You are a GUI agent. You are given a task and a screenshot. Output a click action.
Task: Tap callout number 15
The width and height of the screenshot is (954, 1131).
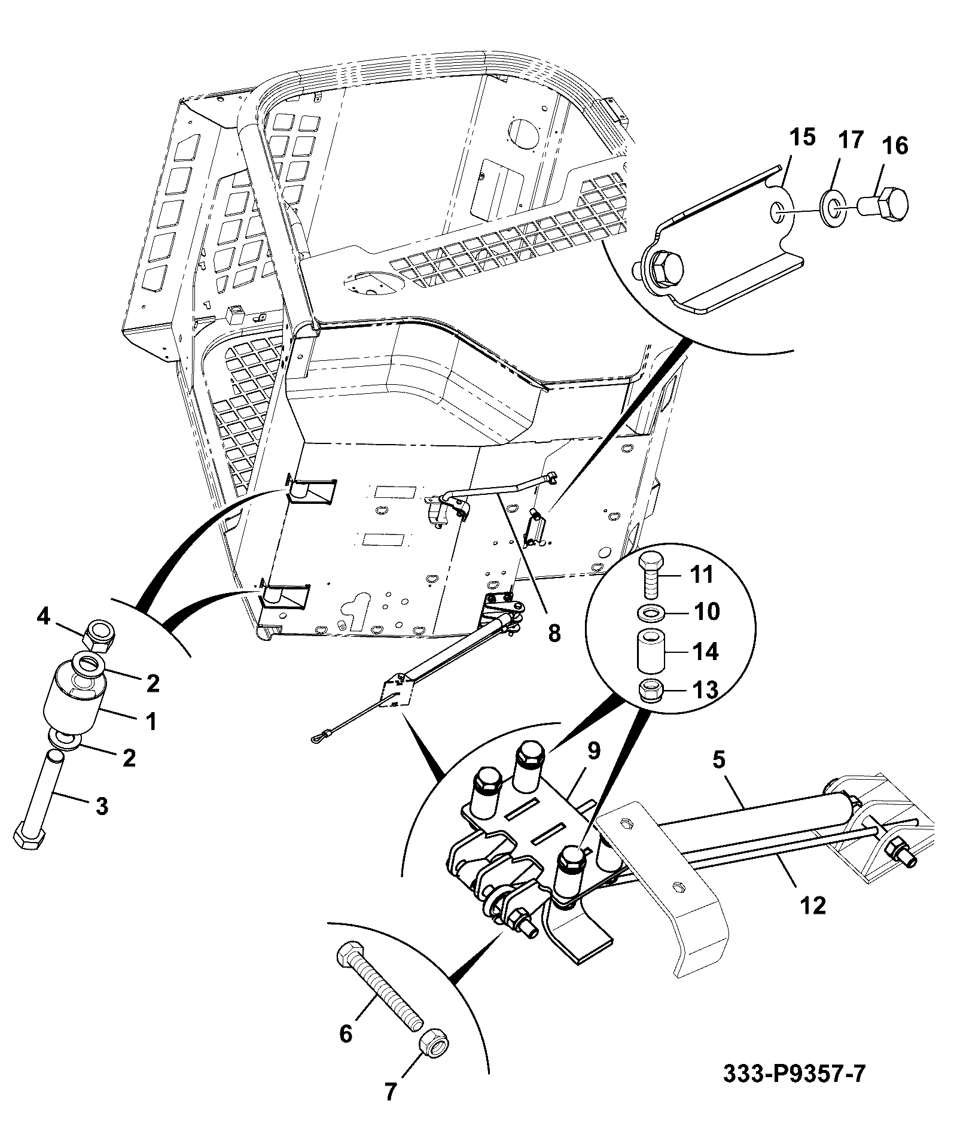coord(802,138)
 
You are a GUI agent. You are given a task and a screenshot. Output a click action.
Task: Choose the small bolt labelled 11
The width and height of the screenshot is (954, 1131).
coord(651,576)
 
